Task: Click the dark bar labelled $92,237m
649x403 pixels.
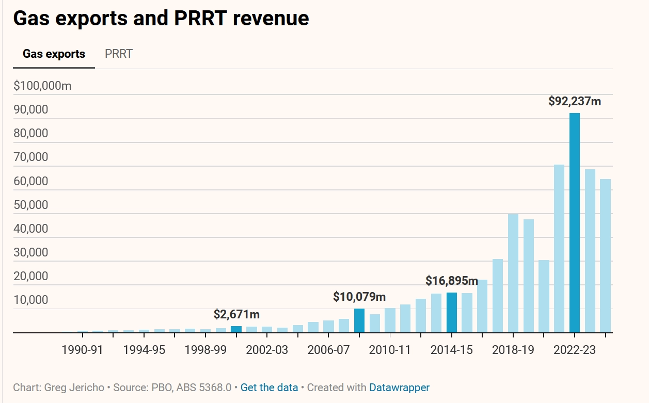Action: click(574, 222)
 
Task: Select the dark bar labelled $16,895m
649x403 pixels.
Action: click(452, 312)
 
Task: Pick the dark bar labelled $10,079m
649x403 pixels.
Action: click(359, 320)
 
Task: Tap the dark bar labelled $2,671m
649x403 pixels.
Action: click(236, 329)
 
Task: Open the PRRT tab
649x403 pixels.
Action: click(119, 54)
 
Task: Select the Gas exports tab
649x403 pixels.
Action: click(54, 54)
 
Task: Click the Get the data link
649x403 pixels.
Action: click(269, 387)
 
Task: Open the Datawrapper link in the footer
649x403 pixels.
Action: click(399, 387)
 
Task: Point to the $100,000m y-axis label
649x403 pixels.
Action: click(42, 86)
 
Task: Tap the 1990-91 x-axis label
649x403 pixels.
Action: click(82, 350)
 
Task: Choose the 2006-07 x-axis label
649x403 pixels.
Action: click(328, 350)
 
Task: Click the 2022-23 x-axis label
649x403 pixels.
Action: click(574, 350)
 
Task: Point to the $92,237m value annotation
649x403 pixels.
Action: click(574, 101)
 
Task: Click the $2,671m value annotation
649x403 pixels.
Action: click(236, 314)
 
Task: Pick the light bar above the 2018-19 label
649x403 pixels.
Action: click(513, 273)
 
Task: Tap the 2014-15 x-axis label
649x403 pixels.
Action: click(452, 350)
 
